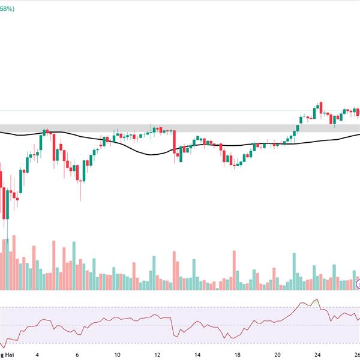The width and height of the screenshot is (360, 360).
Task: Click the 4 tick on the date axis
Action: pos(37,354)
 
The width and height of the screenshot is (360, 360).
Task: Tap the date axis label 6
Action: pos(77,354)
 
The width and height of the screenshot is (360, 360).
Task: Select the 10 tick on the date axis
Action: pos(118,354)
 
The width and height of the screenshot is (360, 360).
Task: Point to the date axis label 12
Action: pos(157,354)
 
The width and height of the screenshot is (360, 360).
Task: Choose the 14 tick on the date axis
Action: pos(197,354)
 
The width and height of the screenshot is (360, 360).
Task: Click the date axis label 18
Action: pos(238,354)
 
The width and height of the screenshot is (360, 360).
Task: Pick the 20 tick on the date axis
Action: pos(277,354)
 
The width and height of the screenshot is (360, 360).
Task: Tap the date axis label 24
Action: pos(317,354)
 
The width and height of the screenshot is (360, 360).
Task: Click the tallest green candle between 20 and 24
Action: pos(298,124)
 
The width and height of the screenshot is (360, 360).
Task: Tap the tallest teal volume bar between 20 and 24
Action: pos(294,271)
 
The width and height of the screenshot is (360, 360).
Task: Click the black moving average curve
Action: pos(150,154)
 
